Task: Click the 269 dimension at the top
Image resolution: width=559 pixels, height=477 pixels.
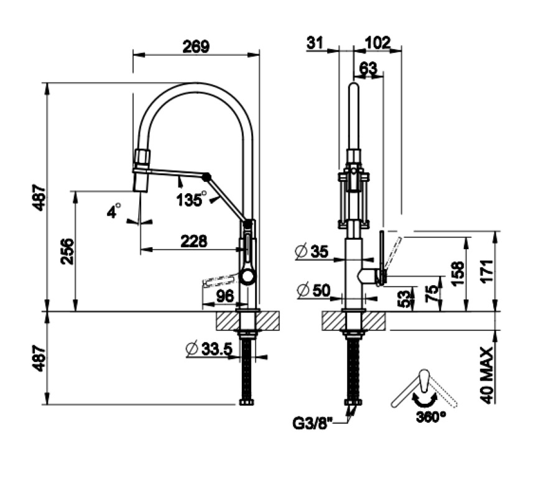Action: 196,46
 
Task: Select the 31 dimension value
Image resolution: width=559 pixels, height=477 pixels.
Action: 315,42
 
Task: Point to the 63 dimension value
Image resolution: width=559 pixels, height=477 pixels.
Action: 368,68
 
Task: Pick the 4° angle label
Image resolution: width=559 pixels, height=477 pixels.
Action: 113,212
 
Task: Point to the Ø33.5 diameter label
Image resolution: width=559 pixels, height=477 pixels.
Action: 208,350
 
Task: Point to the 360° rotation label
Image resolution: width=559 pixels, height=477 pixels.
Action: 432,416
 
